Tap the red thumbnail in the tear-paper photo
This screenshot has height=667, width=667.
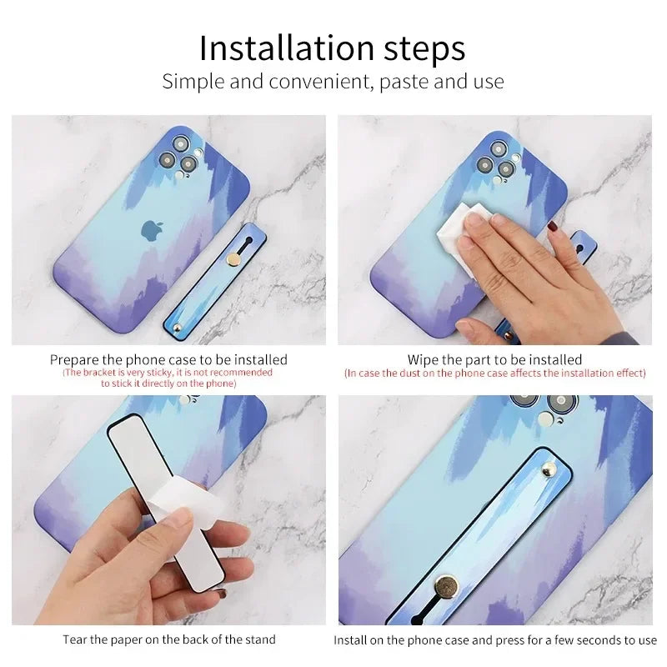(x=223, y=594)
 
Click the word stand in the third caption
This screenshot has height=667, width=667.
(x=258, y=640)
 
